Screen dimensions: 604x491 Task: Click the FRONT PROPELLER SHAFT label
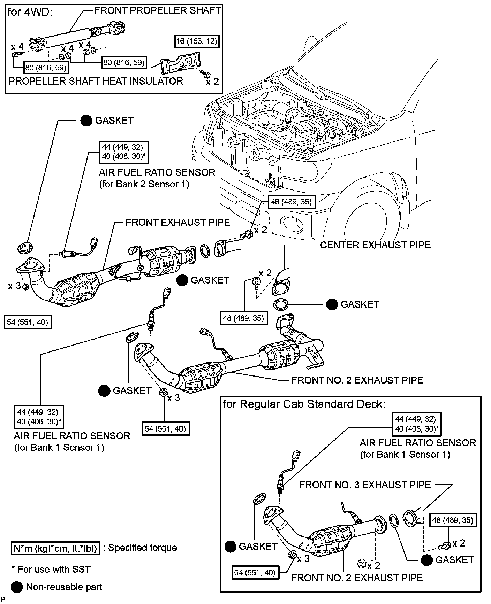tap(158, 10)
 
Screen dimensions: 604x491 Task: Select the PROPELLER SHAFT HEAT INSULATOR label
tap(96, 81)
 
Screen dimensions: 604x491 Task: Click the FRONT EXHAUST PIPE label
tap(177, 222)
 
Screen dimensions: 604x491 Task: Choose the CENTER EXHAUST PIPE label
tap(375, 245)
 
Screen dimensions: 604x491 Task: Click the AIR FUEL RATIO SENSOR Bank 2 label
tap(157, 178)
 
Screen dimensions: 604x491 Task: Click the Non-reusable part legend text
tap(64, 587)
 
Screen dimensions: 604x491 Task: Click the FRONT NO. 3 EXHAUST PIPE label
tap(365, 485)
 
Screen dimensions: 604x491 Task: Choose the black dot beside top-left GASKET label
tap(86, 121)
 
